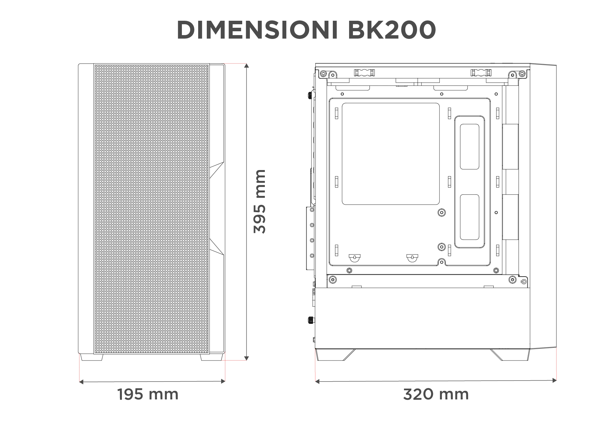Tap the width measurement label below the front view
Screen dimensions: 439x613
148,395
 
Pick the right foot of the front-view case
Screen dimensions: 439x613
211,358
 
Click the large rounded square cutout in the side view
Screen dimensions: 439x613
391,154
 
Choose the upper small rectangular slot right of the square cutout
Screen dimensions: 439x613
470,146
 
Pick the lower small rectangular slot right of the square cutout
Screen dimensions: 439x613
470,217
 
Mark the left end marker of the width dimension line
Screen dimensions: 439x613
81,381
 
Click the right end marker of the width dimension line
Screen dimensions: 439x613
222,381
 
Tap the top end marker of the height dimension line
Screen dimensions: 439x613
246,66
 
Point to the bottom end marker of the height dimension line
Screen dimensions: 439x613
246,357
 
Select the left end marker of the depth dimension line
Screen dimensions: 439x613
318,381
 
